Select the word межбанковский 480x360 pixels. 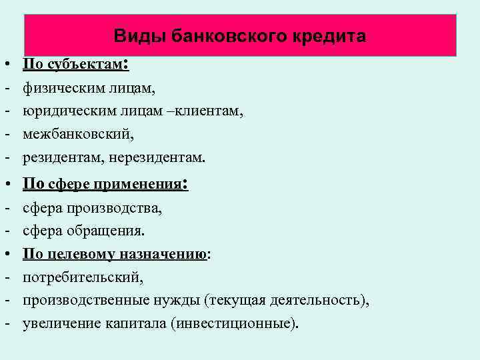tap(78, 135)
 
